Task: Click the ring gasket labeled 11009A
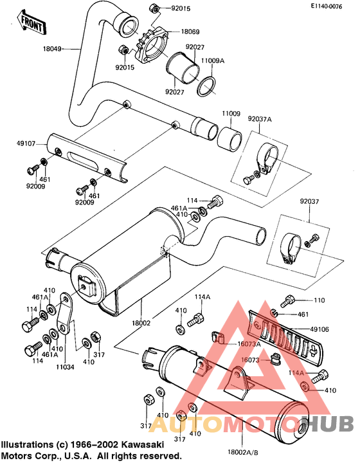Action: (205, 86)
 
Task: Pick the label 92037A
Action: (261, 119)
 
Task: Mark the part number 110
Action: (319, 300)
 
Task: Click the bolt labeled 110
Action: (288, 300)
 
